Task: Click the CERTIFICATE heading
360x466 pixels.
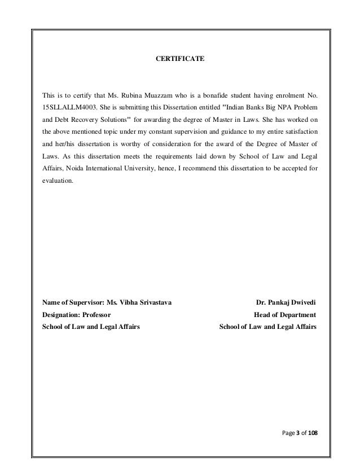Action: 179,58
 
